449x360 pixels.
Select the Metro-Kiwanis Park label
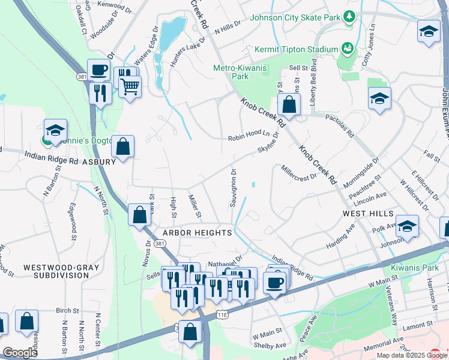(x=239, y=72)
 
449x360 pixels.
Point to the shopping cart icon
(x=129, y=87)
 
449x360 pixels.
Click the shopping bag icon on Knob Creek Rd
(x=289, y=104)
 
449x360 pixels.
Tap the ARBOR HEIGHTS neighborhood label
(x=196, y=233)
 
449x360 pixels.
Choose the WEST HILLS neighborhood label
(x=368, y=214)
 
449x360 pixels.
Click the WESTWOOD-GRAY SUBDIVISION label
(x=56, y=271)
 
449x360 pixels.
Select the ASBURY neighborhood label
(x=98, y=162)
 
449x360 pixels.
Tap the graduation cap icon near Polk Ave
(x=407, y=226)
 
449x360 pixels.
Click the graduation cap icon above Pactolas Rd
(x=379, y=98)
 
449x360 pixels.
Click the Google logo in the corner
(x=20, y=352)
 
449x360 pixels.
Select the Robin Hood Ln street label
(x=249, y=138)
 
